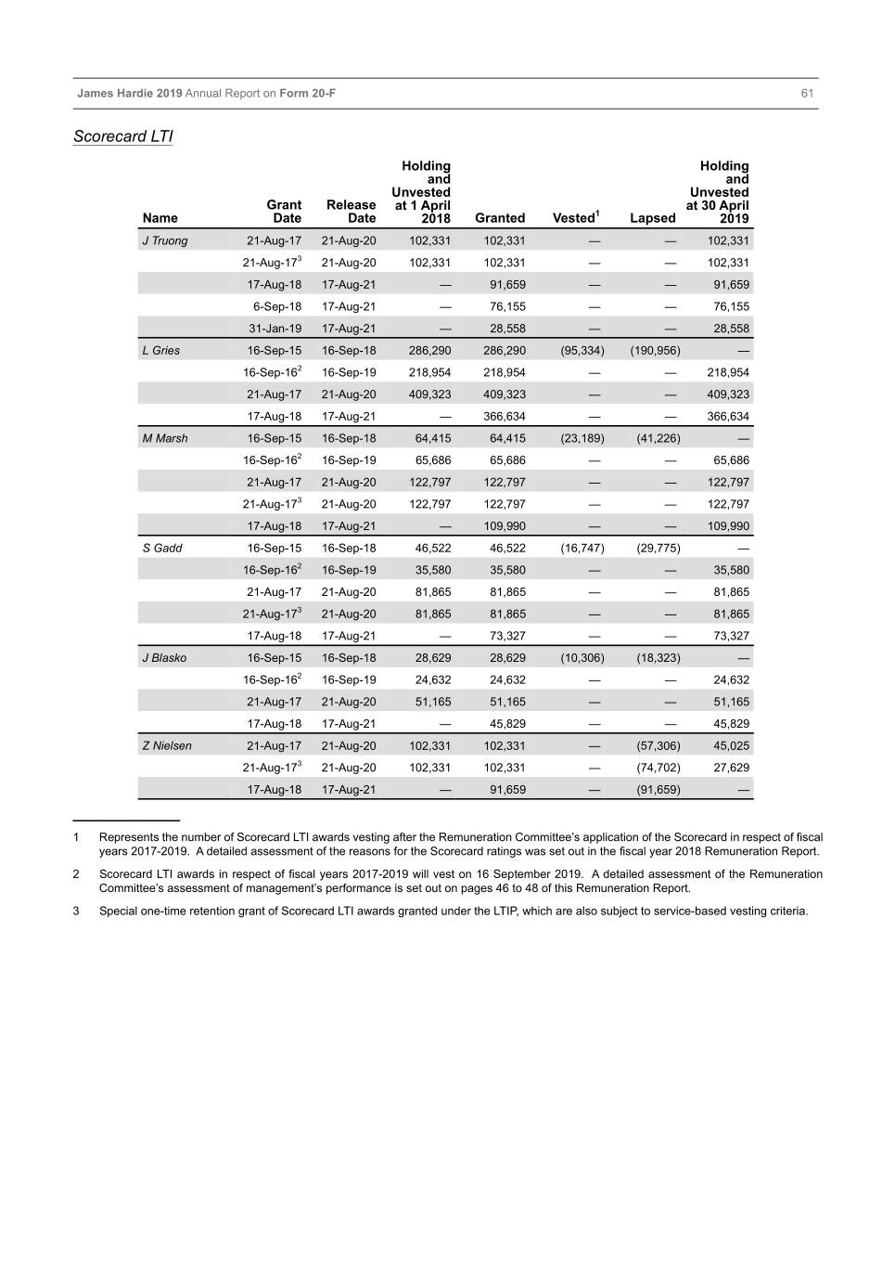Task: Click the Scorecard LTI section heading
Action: click(123, 136)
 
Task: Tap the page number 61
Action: click(807, 93)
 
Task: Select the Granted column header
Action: click(500, 218)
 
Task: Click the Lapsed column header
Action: click(652, 218)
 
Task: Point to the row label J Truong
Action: click(165, 240)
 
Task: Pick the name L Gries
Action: click(161, 351)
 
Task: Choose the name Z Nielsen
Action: click(167, 746)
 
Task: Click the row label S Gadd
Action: click(162, 549)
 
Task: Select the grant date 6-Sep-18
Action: click(277, 306)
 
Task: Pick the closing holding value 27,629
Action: click(731, 768)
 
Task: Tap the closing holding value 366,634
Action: click(727, 417)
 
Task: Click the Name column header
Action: click(160, 218)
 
